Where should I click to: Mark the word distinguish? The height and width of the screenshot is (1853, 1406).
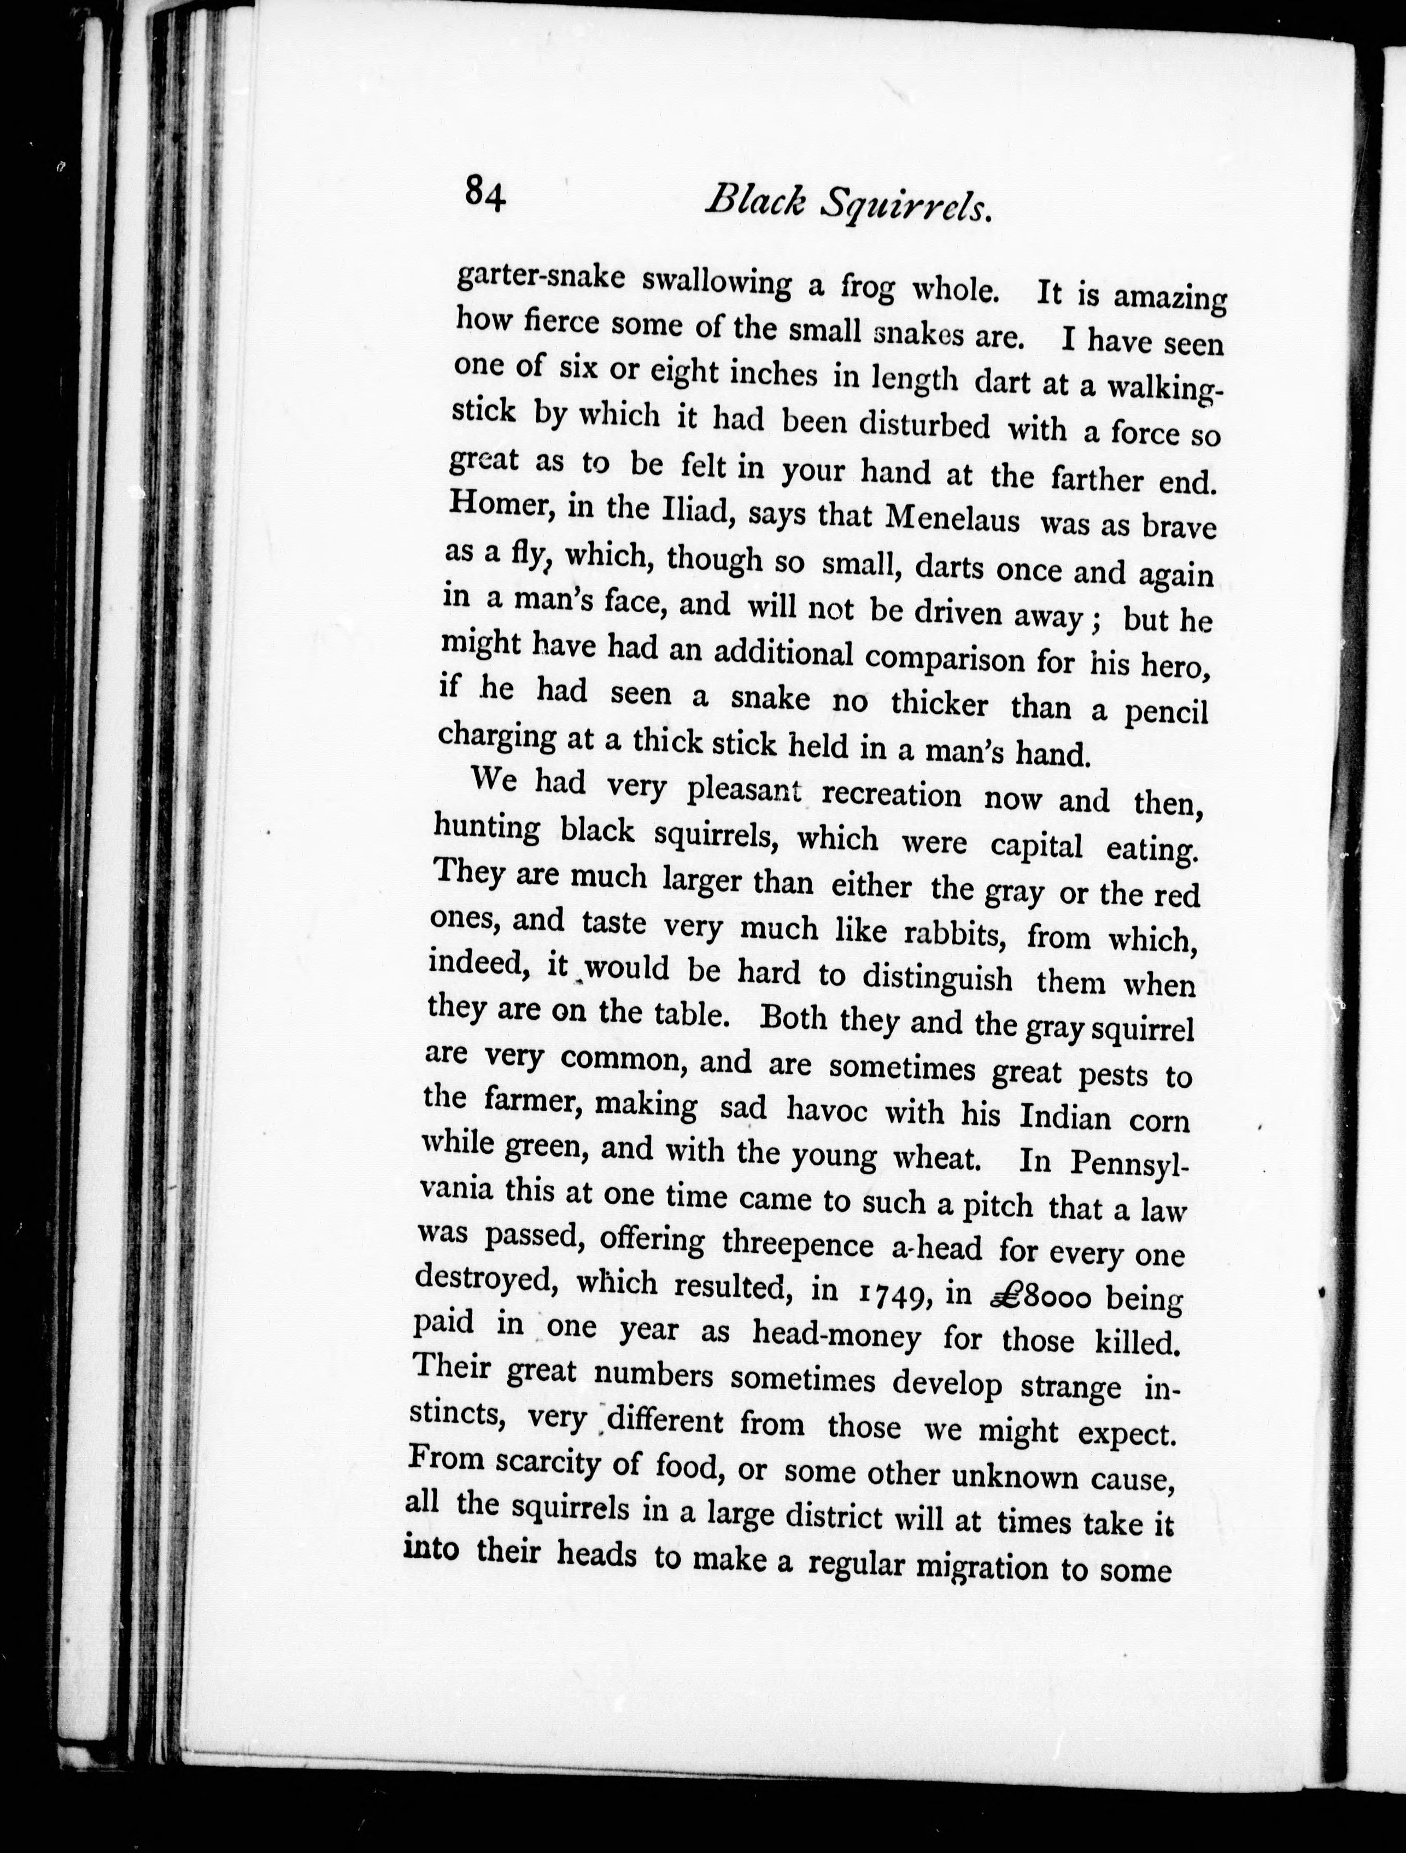[x=938, y=977]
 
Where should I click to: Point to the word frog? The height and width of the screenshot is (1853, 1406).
[x=868, y=289]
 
